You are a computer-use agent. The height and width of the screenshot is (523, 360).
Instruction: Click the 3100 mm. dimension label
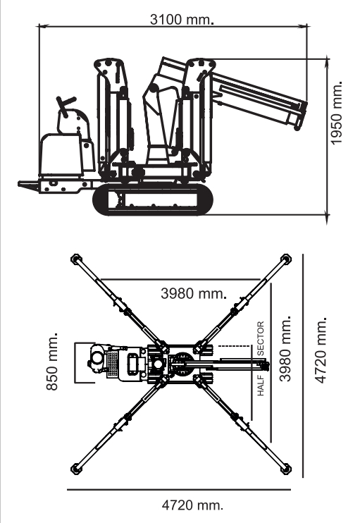point(182,19)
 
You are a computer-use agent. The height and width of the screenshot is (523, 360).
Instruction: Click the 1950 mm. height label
point(336,113)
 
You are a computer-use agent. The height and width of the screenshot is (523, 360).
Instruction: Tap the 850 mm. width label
point(52,361)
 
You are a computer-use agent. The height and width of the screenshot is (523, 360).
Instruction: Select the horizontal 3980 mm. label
point(194,293)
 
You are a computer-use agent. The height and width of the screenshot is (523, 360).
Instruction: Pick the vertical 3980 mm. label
point(285,348)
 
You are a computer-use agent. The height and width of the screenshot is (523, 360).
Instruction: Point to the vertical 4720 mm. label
point(321,350)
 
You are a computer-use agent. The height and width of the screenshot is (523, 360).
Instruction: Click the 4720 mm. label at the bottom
point(192,505)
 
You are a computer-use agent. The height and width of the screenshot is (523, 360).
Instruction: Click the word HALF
point(261,386)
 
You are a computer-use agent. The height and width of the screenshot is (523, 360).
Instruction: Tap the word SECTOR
point(261,338)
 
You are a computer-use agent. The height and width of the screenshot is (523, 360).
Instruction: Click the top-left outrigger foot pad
point(76,259)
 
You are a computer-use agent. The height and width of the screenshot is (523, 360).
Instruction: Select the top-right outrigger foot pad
point(285,259)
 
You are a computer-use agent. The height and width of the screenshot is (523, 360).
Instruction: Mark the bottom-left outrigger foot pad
point(76,469)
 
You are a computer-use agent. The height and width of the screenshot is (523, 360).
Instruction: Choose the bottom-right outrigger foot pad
point(285,469)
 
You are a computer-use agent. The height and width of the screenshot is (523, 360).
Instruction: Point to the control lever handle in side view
point(66,105)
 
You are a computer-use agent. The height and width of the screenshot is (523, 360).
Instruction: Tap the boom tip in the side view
point(299,117)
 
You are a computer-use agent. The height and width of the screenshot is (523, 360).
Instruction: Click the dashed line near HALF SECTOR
point(234,346)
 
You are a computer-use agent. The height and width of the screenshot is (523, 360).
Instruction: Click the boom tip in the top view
point(265,366)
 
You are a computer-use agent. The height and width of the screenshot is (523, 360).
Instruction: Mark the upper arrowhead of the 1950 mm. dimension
point(328,62)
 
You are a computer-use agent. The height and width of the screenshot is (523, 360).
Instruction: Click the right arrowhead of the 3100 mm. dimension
point(304,25)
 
